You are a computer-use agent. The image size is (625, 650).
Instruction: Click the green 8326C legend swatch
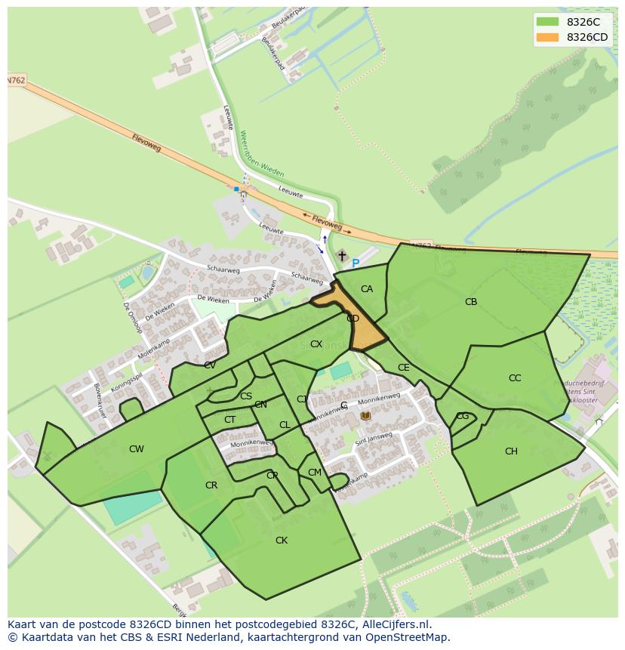pyautogui.click(x=547, y=22)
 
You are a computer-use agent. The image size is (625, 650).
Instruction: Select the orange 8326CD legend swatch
pyautogui.click(x=547, y=37)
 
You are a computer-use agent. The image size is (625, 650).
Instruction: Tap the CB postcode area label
pyautogui.click(x=471, y=302)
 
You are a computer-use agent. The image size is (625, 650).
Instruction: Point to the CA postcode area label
pyautogui.click(x=367, y=289)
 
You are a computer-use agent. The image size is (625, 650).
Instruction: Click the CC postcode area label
pyautogui.click(x=515, y=378)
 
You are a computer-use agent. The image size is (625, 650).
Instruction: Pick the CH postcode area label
pyautogui.click(x=511, y=451)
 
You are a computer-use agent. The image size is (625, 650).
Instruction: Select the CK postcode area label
pyautogui.click(x=282, y=541)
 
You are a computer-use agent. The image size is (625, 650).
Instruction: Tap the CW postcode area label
pyautogui.click(x=136, y=449)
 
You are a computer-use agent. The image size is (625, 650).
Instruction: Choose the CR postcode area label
pyautogui.click(x=211, y=485)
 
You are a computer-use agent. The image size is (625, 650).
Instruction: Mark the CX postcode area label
pyautogui.click(x=316, y=344)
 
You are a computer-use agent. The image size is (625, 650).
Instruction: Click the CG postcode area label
pyautogui.click(x=463, y=416)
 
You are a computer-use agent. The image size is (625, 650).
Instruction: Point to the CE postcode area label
pyautogui.click(x=404, y=368)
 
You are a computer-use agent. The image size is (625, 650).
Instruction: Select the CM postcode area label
pyautogui.click(x=315, y=473)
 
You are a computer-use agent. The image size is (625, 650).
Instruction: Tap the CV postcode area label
pyautogui.click(x=210, y=365)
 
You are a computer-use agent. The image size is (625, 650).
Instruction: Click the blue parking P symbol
pyautogui.click(x=356, y=263)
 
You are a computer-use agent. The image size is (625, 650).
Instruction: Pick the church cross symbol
pyautogui.click(x=342, y=257)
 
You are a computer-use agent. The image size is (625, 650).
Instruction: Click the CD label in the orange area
pyautogui.click(x=353, y=319)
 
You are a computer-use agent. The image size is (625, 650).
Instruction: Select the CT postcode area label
pyautogui.click(x=230, y=420)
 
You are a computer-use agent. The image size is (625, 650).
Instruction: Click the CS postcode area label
pyautogui.click(x=246, y=396)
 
